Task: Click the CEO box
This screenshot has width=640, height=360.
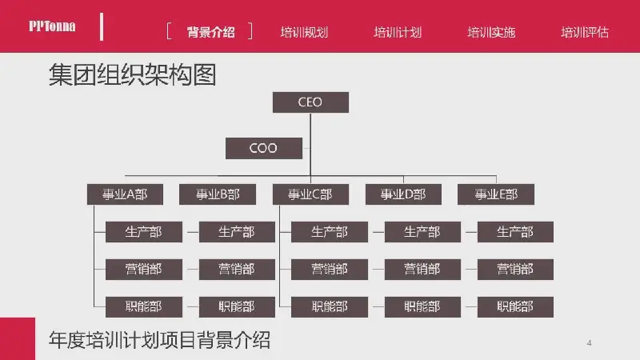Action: [x=310, y=102]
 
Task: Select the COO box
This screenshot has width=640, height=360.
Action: [x=264, y=148]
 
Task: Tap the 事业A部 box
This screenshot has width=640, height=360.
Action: [x=125, y=194]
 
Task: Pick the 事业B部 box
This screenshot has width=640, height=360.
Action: [x=218, y=194]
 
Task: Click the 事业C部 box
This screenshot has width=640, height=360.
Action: [x=310, y=194]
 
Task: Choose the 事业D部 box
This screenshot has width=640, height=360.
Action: [x=403, y=194]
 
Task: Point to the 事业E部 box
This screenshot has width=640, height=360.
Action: [x=496, y=194]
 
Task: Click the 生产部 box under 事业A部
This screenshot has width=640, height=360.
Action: [x=144, y=232]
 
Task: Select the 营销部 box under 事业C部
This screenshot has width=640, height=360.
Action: [x=330, y=270]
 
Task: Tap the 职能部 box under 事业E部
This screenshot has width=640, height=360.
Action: [x=515, y=307]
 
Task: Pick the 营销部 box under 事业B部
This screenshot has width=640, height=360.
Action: [x=237, y=270]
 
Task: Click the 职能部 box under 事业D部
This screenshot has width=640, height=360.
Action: [x=422, y=307]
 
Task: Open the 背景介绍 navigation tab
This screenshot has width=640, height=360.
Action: [x=210, y=32]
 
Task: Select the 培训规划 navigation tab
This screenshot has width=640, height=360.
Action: [x=304, y=32]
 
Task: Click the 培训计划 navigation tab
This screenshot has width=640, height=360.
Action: [x=398, y=32]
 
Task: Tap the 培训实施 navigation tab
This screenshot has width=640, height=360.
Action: [x=491, y=32]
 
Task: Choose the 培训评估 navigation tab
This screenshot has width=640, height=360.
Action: [x=585, y=32]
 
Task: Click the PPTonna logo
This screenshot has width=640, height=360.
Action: [x=52, y=26]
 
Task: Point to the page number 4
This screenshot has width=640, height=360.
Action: [x=589, y=343]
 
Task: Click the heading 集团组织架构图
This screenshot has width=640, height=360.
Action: [x=132, y=74]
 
